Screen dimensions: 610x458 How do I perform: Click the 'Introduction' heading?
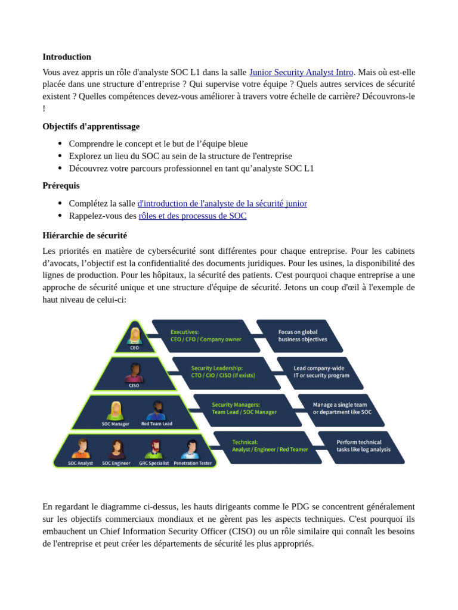point(67,57)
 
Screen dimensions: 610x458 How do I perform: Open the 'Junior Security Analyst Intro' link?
point(301,72)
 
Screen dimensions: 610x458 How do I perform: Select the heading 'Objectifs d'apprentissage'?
point(91,126)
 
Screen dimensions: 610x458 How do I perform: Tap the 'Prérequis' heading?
point(61,186)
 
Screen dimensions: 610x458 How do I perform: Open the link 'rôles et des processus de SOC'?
point(193,216)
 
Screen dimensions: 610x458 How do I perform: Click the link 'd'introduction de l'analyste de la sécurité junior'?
point(222,204)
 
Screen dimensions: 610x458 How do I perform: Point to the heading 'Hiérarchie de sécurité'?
point(85,236)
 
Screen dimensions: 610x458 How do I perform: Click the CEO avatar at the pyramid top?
point(135,335)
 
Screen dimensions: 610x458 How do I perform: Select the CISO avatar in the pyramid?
point(134,372)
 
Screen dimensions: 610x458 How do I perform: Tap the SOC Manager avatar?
point(115,410)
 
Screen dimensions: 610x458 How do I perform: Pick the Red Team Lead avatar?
point(156,410)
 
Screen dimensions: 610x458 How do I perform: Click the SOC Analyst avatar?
point(81,449)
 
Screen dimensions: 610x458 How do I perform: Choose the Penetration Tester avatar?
point(192,449)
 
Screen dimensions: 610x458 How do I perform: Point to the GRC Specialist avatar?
point(154,449)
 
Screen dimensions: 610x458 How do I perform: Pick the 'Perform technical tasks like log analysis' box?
point(361,447)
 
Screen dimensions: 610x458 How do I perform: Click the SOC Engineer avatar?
point(116,449)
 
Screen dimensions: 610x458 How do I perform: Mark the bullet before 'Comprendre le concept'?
point(60,144)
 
